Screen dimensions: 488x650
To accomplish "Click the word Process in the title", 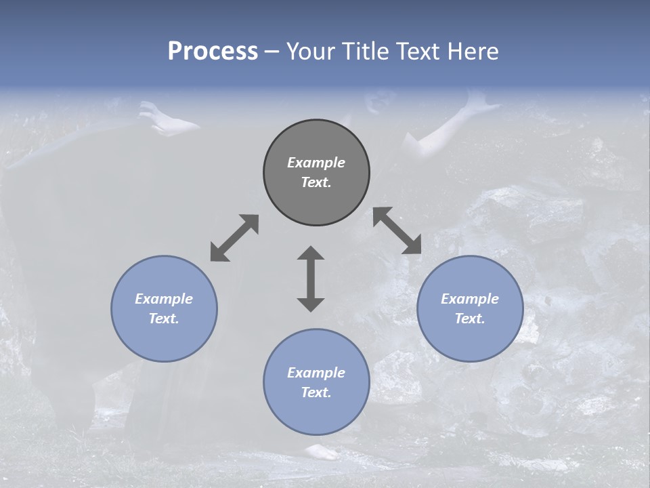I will pyautogui.click(x=213, y=52).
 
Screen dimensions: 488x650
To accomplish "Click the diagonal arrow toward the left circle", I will pyautogui.click(x=234, y=238).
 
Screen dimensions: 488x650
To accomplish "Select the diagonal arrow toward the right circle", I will pyautogui.click(x=397, y=231).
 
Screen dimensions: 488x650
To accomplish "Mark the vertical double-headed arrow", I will pyautogui.click(x=311, y=279).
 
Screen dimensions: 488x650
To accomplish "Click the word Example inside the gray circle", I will pyautogui.click(x=316, y=163).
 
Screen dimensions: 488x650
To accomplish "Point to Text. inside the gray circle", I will pyautogui.click(x=316, y=182).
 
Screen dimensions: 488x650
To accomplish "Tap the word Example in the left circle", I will pyautogui.click(x=164, y=299).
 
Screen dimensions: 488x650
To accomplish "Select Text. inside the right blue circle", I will pyautogui.click(x=470, y=319).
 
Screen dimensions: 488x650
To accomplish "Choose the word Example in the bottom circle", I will pyautogui.click(x=316, y=373).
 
